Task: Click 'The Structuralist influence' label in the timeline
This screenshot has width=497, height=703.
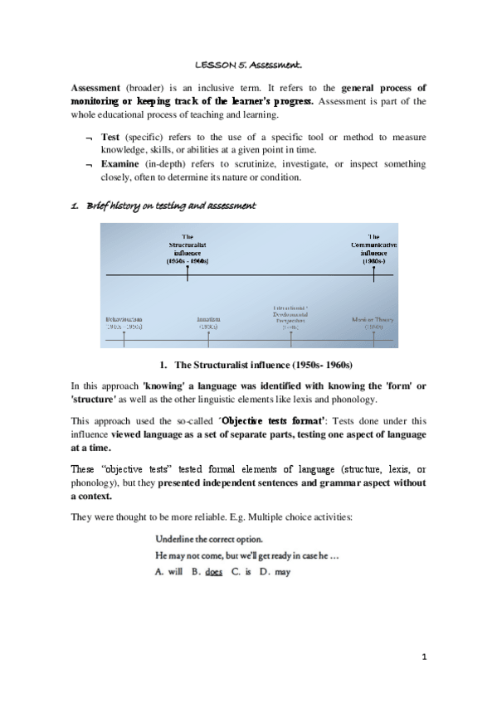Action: click(x=188, y=249)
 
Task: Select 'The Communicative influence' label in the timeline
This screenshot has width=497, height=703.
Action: click(x=373, y=249)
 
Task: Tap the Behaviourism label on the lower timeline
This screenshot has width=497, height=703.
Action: click(x=124, y=322)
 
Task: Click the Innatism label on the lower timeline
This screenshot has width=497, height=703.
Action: click(x=207, y=322)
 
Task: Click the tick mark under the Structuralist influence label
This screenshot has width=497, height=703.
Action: click(x=188, y=274)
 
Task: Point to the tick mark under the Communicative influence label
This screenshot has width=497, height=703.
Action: click(x=373, y=274)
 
